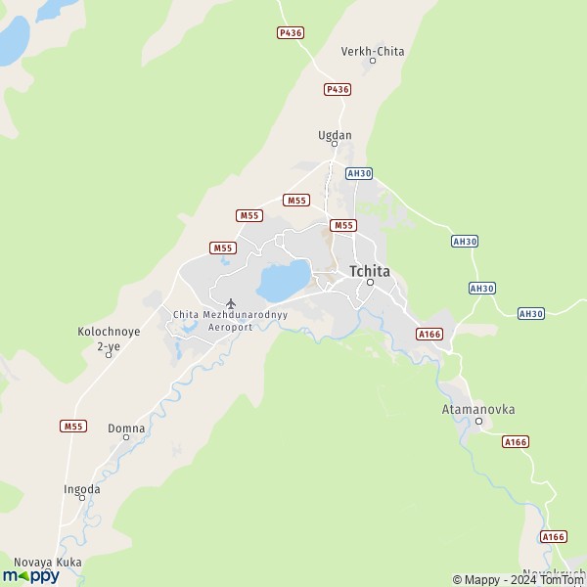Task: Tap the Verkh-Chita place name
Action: point(372,51)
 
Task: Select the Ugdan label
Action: point(335,135)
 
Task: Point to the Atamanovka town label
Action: point(478,409)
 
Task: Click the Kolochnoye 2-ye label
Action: point(109,338)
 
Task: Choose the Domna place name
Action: point(126,428)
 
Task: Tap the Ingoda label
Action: point(81,488)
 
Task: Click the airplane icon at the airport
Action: point(231,303)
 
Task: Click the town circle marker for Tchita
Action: point(371,283)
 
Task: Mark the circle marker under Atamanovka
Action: point(479,422)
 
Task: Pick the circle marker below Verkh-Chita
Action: point(372,62)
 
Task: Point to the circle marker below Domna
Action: point(126,437)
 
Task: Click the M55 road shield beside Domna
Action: point(72,426)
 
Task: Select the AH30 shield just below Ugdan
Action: point(359,173)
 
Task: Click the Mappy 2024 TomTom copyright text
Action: point(519,579)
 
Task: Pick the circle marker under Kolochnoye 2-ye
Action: point(109,353)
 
